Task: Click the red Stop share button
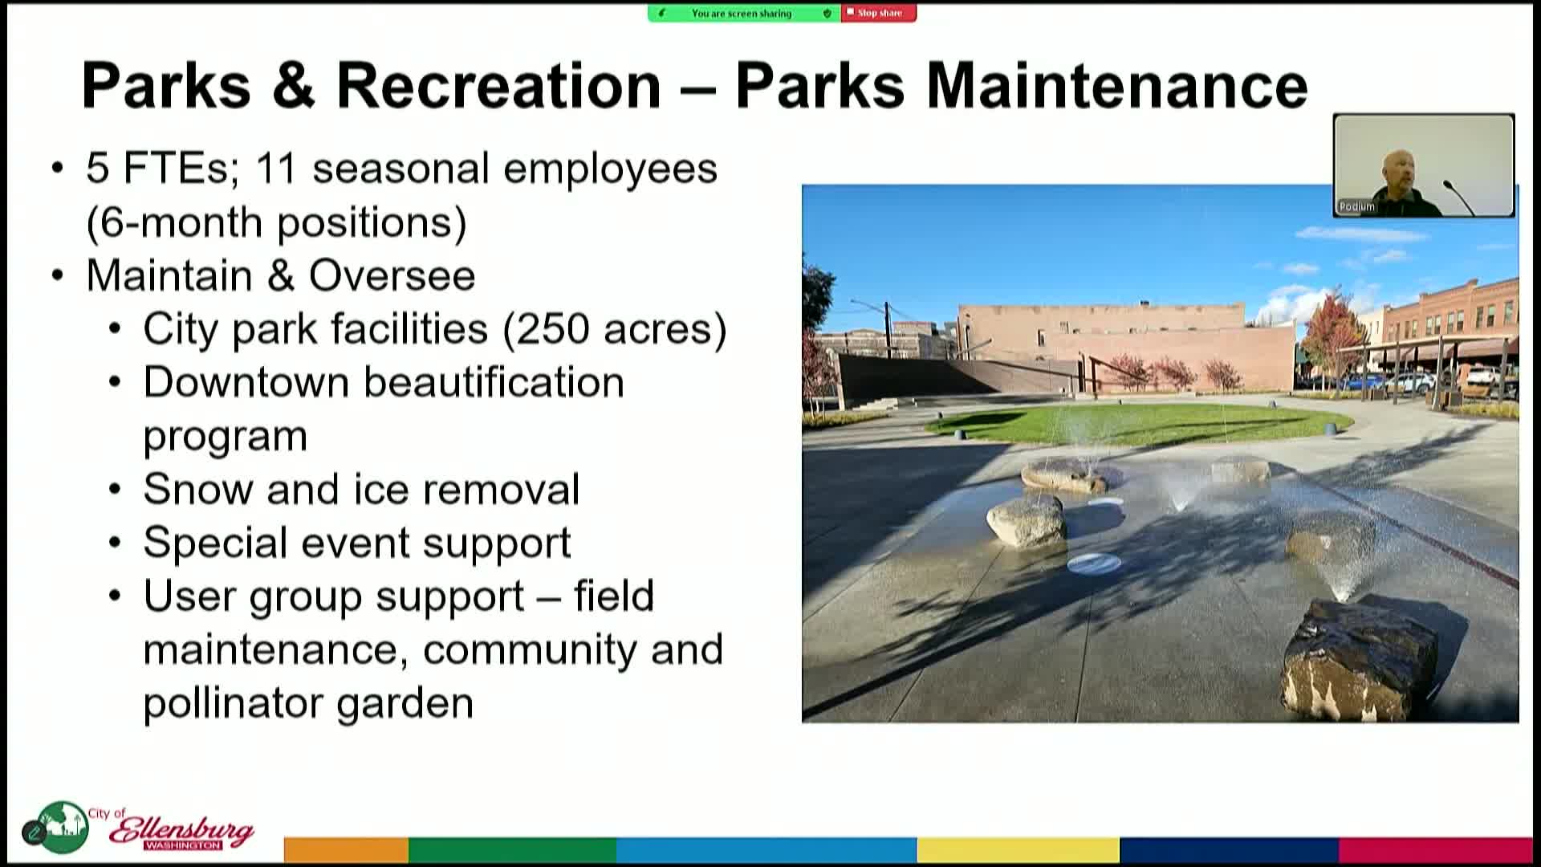[878, 13]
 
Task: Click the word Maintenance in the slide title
[1117, 85]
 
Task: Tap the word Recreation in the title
[498, 85]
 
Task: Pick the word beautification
[494, 382]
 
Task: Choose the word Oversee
[392, 275]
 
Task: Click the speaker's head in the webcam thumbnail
[1400, 166]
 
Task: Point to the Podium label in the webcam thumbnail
[1357, 206]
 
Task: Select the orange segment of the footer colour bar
[346, 849]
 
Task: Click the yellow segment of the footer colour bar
[1018, 849]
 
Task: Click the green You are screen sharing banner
[744, 13]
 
